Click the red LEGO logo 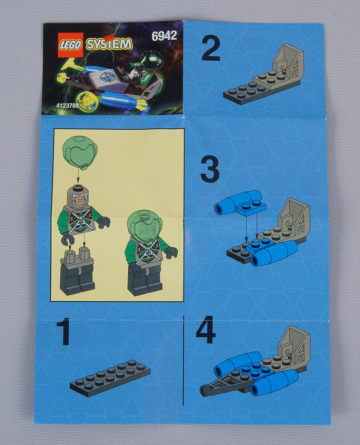point(71,45)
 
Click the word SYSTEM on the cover point(109,44)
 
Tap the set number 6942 point(164,36)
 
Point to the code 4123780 point(67,105)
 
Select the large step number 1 point(64,331)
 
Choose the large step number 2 point(211,50)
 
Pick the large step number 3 point(210,169)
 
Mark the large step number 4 point(206,330)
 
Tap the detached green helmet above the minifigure point(80,152)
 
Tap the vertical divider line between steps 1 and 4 point(184,360)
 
